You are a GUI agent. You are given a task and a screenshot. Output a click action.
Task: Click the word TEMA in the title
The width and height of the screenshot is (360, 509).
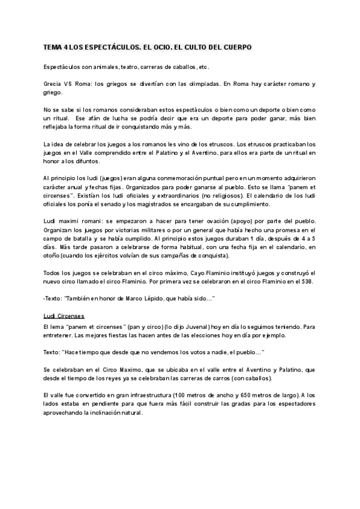pyautogui.click(x=53, y=47)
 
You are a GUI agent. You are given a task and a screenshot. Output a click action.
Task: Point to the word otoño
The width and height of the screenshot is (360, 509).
pyautogui.click(x=52, y=255)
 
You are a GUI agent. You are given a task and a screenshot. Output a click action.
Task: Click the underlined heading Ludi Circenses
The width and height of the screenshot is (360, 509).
pyautogui.click(x=64, y=316)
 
